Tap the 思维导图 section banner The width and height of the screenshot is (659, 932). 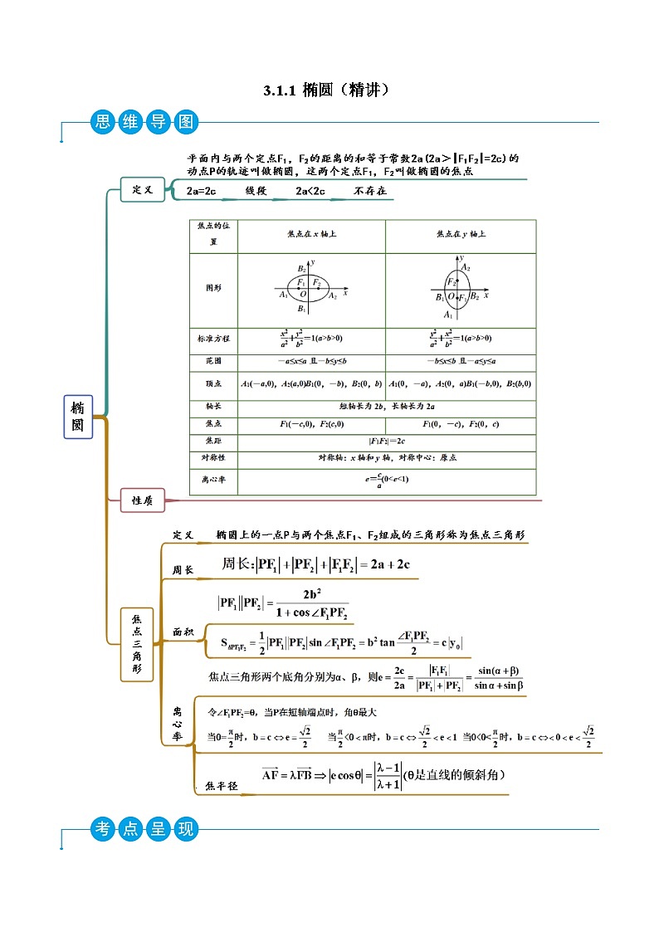point(144,123)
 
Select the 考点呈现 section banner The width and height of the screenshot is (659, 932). point(144,827)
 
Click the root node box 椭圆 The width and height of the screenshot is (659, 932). point(78,417)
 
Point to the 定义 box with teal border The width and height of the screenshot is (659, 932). point(143,189)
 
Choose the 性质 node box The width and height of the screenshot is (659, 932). point(143,500)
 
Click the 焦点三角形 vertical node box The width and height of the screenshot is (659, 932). point(137,645)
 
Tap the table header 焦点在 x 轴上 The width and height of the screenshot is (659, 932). point(311,235)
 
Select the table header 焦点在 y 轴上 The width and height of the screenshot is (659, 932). point(461,235)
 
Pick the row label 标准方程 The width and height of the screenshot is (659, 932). point(213,339)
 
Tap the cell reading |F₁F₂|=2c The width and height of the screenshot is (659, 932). point(387,441)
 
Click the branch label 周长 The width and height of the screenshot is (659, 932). point(183,570)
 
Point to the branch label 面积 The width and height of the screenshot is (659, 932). point(183,632)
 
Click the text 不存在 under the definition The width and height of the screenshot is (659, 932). point(370,192)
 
